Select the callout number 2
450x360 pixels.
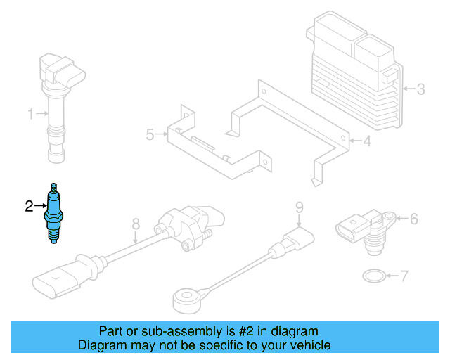pyautogui.click(x=29, y=206)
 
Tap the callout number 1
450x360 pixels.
pyautogui.click(x=31, y=113)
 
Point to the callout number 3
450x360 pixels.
pyautogui.click(x=420, y=89)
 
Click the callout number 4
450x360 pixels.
pyautogui.click(x=366, y=142)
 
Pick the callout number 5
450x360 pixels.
pyautogui.click(x=150, y=134)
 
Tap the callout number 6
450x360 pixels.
pyautogui.click(x=413, y=219)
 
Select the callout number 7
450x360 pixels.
pyautogui.click(x=404, y=276)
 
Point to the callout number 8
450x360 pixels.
pyautogui.click(x=136, y=225)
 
